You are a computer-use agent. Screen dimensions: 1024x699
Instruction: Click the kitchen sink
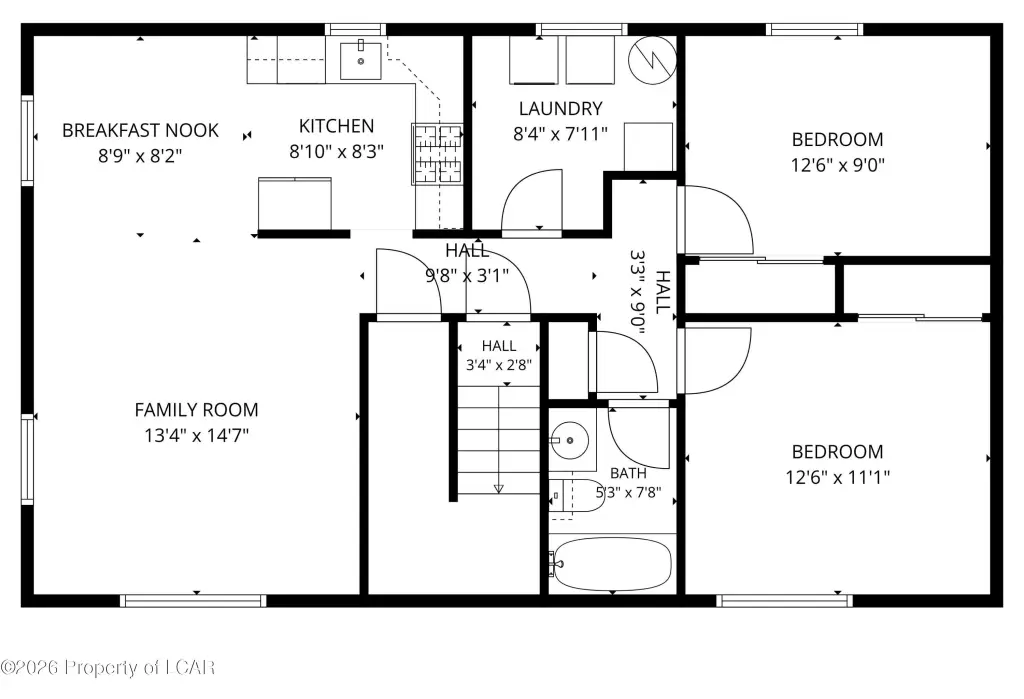click(x=360, y=60)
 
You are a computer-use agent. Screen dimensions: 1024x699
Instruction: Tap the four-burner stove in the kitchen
click(x=438, y=154)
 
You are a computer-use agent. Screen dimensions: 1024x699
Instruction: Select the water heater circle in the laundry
click(x=652, y=60)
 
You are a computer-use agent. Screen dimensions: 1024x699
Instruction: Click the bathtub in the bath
click(x=612, y=564)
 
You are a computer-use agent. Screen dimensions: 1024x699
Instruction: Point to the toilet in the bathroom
click(x=576, y=496)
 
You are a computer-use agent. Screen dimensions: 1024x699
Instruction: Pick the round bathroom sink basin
click(x=569, y=440)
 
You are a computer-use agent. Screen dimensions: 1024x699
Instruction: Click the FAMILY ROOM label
click(x=197, y=410)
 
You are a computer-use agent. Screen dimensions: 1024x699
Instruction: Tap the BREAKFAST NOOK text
click(x=140, y=130)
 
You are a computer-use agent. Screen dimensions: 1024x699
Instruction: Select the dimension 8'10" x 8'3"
click(x=336, y=152)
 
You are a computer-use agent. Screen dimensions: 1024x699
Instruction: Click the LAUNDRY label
click(x=560, y=108)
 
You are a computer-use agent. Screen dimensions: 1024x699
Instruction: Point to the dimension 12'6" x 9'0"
click(x=837, y=165)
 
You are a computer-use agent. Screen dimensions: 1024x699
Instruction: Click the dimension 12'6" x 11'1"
click(x=837, y=477)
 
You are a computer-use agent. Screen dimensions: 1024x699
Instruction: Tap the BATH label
click(x=628, y=473)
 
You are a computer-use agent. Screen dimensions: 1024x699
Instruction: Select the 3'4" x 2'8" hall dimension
click(x=499, y=365)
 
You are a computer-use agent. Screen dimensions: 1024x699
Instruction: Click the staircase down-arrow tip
click(x=499, y=492)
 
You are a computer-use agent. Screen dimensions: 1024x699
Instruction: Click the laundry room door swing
click(x=531, y=200)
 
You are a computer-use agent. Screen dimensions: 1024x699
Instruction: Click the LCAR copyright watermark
click(x=108, y=667)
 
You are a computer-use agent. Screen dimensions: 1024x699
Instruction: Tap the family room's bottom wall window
click(x=193, y=601)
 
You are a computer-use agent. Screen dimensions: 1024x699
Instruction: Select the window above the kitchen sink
click(x=355, y=29)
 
